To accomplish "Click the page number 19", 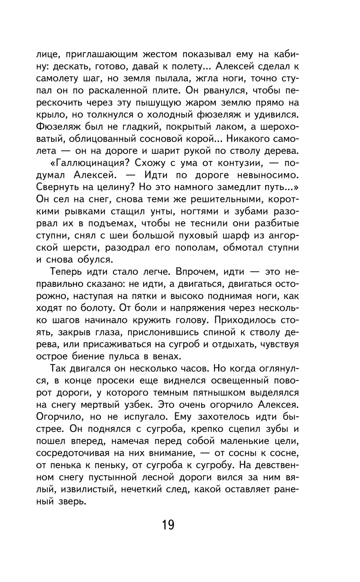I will tap(168, 525).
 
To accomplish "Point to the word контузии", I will tap(239, 163).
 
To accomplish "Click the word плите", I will tap(160, 90).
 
